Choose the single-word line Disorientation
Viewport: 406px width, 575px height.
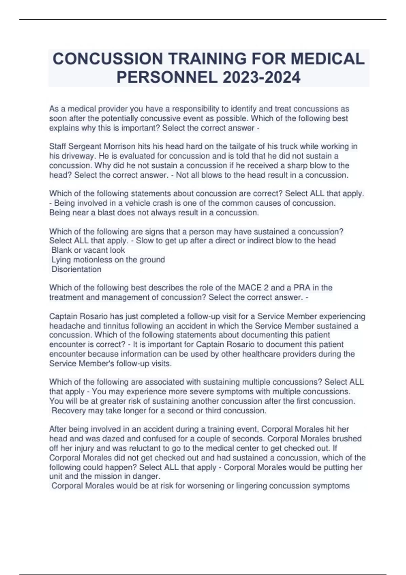click(76, 269)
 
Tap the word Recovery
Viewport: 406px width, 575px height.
click(68, 411)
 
